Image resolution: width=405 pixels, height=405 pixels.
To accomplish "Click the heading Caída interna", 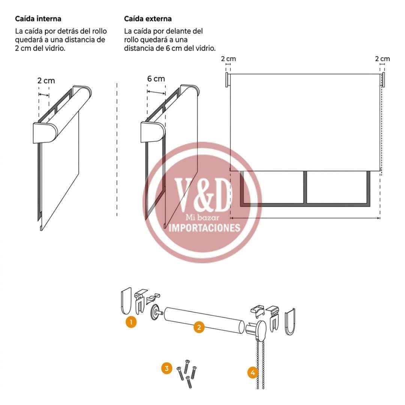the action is click(38, 19).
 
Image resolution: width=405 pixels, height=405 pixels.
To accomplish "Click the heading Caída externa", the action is click(148, 19).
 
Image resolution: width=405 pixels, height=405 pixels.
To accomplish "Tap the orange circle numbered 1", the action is click(131, 322).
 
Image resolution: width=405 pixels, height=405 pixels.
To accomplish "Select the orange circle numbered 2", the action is click(199, 327).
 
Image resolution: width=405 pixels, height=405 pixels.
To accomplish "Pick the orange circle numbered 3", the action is click(166, 368).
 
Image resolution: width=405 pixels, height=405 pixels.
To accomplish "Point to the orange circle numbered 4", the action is click(253, 373).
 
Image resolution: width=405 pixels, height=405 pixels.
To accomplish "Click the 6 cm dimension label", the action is click(156, 78).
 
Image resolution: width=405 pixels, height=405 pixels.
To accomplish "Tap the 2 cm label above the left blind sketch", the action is click(46, 81).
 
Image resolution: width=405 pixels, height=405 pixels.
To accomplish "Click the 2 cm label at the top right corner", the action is click(382, 58).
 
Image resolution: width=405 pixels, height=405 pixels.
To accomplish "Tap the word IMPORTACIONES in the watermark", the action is click(204, 228).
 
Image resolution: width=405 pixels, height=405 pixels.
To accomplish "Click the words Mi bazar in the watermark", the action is click(202, 217).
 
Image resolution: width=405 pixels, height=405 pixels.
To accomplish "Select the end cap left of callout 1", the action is click(126, 301).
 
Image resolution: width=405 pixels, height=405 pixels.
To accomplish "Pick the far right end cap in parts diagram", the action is click(290, 322).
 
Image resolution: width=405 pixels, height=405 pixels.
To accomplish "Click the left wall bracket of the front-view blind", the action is click(227, 80).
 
